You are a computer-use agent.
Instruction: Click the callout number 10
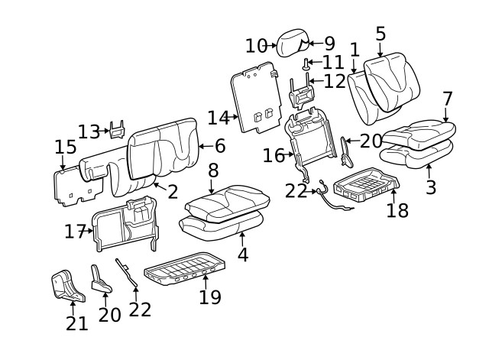pos(257,46)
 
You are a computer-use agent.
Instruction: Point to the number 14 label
pos(218,118)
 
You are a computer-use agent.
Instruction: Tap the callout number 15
pos(66,147)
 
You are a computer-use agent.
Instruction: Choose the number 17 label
pos(74,230)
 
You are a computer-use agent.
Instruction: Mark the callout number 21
pos(76,323)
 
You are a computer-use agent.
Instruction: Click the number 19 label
pos(209,297)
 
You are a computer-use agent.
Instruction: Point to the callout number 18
pos(397,210)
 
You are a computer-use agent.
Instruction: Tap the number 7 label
pos(448,99)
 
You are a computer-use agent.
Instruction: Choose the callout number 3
pos(431,187)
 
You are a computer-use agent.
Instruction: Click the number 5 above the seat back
pos(381,34)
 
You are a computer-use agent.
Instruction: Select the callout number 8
pos(213,170)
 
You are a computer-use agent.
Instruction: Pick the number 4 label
pos(242,255)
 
